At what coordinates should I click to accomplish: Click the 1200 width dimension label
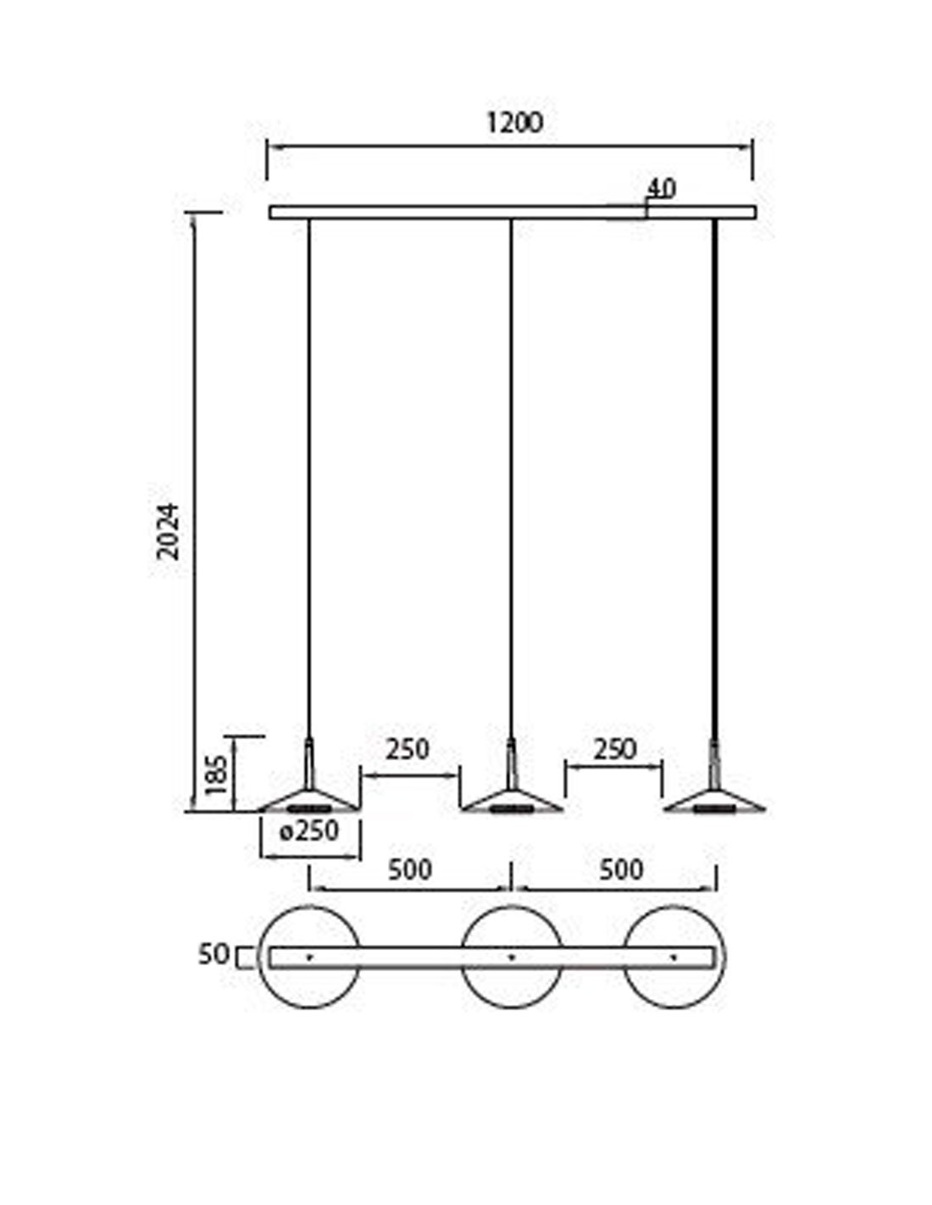[514, 123]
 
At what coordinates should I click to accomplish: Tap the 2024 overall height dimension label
[169, 531]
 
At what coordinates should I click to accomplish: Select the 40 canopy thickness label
[662, 189]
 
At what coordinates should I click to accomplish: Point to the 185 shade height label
[216, 775]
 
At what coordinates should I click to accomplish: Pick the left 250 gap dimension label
[408, 750]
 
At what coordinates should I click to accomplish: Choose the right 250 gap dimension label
[615, 750]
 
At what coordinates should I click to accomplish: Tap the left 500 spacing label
[410, 869]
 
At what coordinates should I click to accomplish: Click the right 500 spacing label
[621, 869]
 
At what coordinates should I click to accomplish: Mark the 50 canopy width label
[214, 954]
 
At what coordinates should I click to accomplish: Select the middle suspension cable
[511, 479]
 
